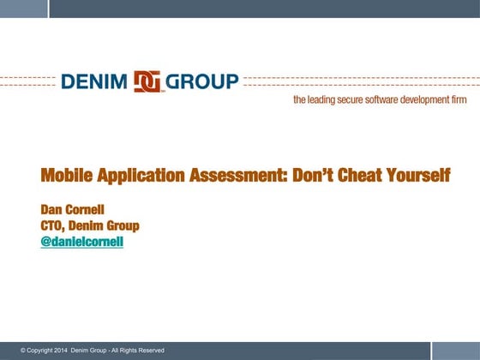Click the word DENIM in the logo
pos(94,81)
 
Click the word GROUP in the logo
pos(203,81)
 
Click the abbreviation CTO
pos(52,226)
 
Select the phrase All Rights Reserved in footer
pos(137,351)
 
